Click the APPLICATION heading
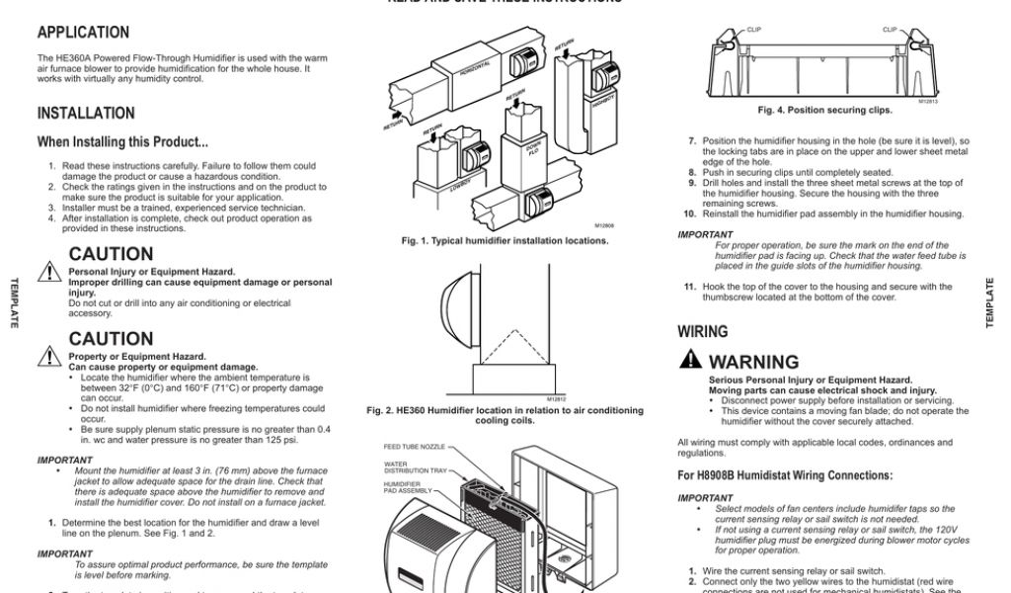pyautogui.click(x=83, y=33)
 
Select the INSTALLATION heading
pyautogui.click(x=86, y=114)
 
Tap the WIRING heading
pyautogui.click(x=702, y=332)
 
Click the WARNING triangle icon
pyautogui.click(x=691, y=361)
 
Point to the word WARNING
pyautogui.click(x=753, y=363)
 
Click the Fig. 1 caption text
pyautogui.click(x=505, y=240)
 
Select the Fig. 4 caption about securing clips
pyautogui.click(x=824, y=110)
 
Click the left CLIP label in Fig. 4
pyautogui.click(x=754, y=30)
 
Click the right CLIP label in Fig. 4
pyautogui.click(x=890, y=30)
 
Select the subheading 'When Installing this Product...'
pyautogui.click(x=122, y=142)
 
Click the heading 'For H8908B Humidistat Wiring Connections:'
pyautogui.click(x=785, y=475)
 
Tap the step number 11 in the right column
pyautogui.click(x=690, y=287)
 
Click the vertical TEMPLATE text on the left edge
pyautogui.click(x=15, y=303)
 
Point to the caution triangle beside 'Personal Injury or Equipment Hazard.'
pyautogui.click(x=49, y=271)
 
